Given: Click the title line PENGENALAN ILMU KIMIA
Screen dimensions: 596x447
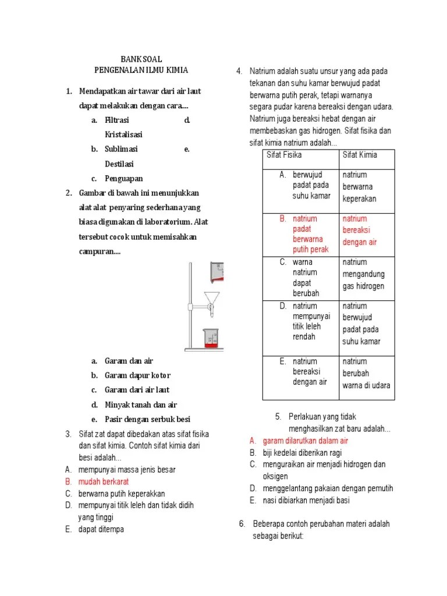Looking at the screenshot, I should pos(141,70).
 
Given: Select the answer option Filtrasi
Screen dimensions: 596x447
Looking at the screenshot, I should pos(117,120).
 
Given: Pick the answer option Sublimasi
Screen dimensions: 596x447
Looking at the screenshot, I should pos(121,149).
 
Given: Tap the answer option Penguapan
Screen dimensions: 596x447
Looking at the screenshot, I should pos(123,178).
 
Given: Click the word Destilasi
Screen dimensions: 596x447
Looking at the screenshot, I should pos(119,164).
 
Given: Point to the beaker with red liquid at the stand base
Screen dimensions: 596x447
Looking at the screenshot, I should pos(211,339).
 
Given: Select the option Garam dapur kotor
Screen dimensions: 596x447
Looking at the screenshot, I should pos(137,375).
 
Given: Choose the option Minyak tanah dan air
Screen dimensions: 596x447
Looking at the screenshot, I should pos(140,405).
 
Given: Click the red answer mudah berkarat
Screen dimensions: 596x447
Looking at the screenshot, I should pos(104,481).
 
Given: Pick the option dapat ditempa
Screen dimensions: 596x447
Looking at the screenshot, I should pos(101,529).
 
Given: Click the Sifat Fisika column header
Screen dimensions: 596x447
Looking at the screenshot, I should pos(284,155).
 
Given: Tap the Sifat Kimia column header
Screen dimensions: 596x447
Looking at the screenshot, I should pos(360,155).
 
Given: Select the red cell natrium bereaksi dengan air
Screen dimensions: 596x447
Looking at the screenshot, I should pos(360,230).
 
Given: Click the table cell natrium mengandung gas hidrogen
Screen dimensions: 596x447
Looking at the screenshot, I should pos(363,274).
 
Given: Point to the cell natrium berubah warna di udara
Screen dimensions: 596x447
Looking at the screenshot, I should pos(366,373).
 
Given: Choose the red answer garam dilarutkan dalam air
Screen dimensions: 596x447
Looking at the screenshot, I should pos(305,441).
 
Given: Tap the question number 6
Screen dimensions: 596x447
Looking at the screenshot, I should pos(243,524).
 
